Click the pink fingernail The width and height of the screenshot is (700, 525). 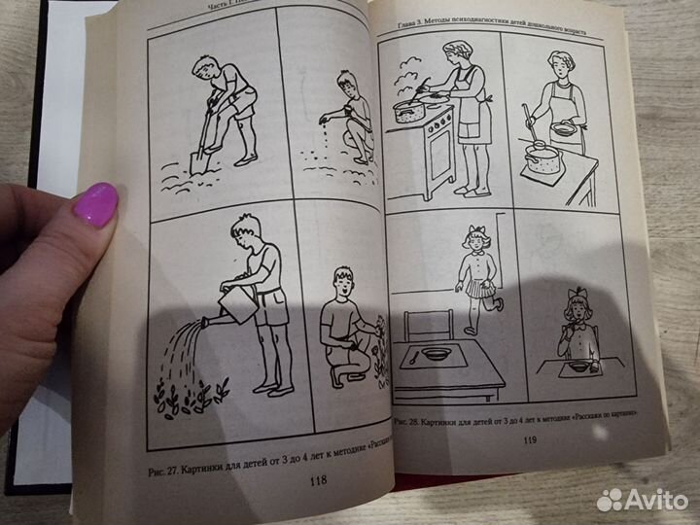point(95,205)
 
